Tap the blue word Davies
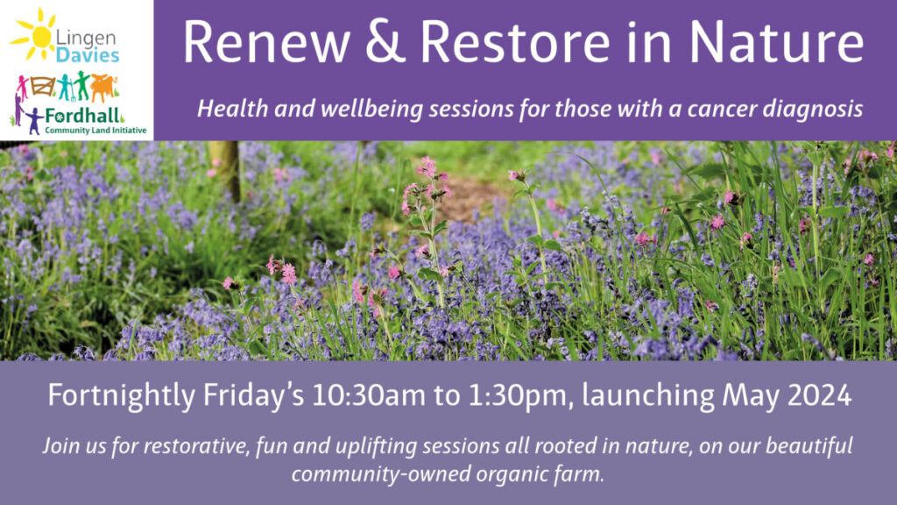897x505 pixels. click(88, 55)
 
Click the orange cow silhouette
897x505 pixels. click(103, 86)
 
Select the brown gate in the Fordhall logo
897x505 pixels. click(42, 86)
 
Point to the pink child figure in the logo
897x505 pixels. click(22, 87)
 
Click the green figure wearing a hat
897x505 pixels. click(83, 85)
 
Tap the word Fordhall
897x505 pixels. click(83, 117)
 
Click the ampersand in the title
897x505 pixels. click(385, 42)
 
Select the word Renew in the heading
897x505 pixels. click(266, 42)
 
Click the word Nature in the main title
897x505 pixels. click(776, 42)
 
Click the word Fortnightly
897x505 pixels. click(121, 395)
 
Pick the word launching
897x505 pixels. click(648, 395)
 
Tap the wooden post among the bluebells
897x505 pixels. click(225, 169)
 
